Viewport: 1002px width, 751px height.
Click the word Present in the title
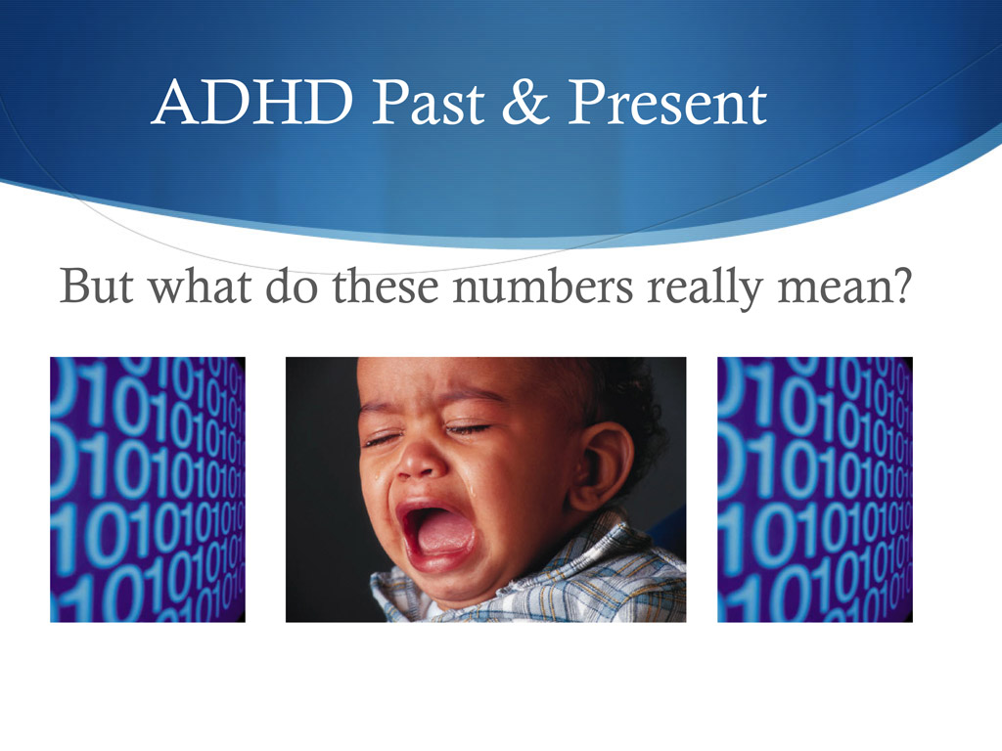click(x=668, y=103)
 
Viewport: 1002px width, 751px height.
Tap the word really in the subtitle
click(x=700, y=287)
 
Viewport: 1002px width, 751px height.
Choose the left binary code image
click(x=148, y=489)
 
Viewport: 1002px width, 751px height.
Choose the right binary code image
click(x=814, y=489)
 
